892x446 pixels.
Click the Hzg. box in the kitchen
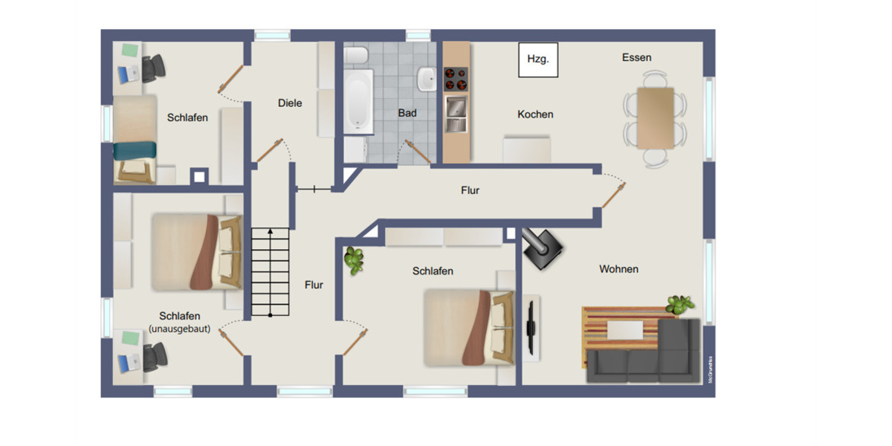pyautogui.click(x=537, y=59)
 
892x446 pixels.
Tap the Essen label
pyautogui.click(x=636, y=57)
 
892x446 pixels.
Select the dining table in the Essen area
pyautogui.click(x=656, y=117)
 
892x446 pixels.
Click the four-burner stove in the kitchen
pyautogui.click(x=456, y=78)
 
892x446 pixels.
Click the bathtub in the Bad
pyautogui.click(x=358, y=103)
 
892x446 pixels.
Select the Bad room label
pyautogui.click(x=407, y=113)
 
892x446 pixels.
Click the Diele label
pyautogui.click(x=290, y=103)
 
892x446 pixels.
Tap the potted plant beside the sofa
pyautogui.click(x=679, y=304)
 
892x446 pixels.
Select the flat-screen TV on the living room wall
pyautogui.click(x=530, y=328)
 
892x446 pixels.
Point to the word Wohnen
pyautogui.click(x=618, y=269)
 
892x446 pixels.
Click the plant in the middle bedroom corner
pyautogui.click(x=355, y=259)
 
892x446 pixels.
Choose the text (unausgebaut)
pyautogui.click(x=180, y=328)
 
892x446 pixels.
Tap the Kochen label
pyautogui.click(x=535, y=114)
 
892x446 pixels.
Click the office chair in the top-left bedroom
pyautogui.click(x=155, y=68)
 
